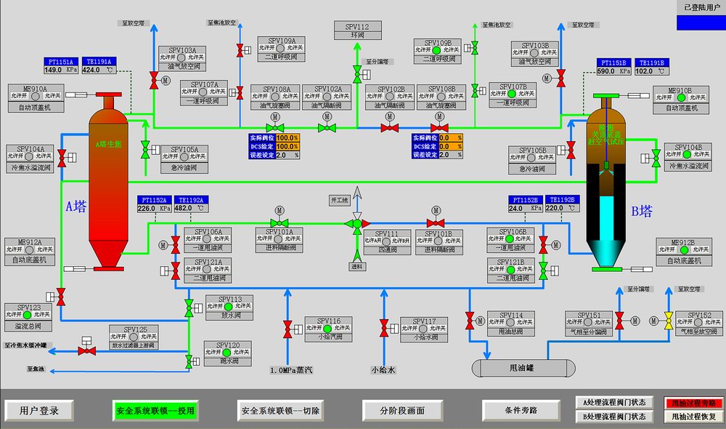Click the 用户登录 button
[40, 410]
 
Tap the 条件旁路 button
[520, 410]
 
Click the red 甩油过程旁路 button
[693, 403]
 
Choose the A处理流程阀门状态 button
[613, 403]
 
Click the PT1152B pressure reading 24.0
[517, 208]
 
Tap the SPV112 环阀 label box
[356, 31]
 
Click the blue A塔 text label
[76, 207]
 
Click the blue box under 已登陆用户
[700, 23]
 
